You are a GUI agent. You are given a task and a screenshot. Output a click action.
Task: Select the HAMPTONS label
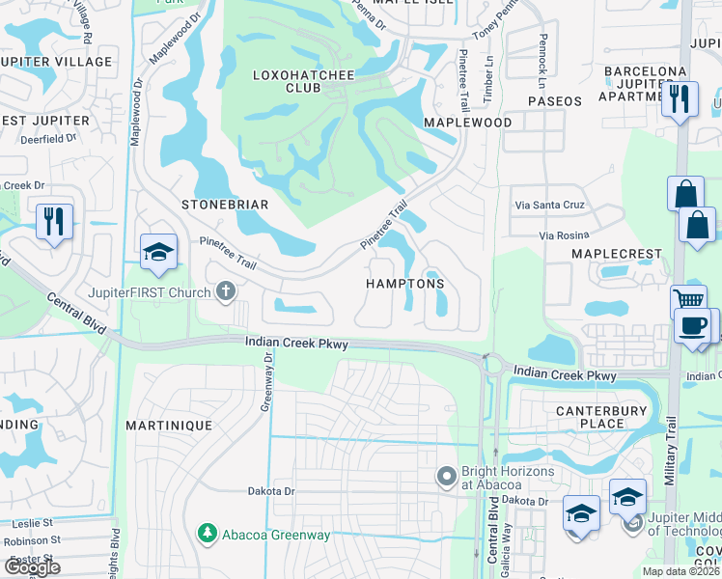pyautogui.click(x=404, y=284)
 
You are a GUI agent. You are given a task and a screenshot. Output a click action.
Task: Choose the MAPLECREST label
pyautogui.click(x=617, y=254)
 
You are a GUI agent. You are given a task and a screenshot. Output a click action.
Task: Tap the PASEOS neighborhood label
pyautogui.click(x=555, y=100)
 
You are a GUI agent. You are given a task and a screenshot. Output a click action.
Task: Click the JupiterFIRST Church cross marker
pyautogui.click(x=226, y=290)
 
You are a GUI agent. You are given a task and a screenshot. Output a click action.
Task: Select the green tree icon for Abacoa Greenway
pyautogui.click(x=206, y=533)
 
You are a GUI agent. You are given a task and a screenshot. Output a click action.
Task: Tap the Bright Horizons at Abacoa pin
pyautogui.click(x=446, y=477)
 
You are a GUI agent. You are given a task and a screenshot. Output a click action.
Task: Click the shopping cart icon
pyautogui.click(x=688, y=300)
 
